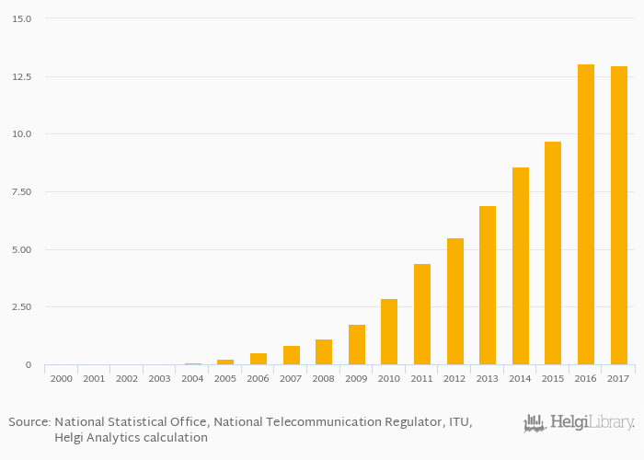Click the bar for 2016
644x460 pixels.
586,214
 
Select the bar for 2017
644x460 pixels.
618,215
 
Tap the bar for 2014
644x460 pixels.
521,266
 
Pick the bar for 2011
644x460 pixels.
422,315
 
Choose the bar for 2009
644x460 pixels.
357,345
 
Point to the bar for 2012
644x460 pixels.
455,302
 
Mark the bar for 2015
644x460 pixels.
553,253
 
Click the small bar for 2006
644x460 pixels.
259,359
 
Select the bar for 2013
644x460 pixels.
488,285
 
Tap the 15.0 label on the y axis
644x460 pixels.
22,18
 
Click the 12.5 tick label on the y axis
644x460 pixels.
22,76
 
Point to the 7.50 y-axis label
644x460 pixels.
22,191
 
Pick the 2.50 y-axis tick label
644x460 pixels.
22,307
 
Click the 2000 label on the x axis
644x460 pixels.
62,378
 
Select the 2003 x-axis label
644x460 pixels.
159,378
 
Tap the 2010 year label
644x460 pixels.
389,378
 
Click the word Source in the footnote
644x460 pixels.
29,422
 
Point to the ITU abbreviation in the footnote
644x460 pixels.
457,422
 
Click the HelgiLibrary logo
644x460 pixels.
579,423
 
